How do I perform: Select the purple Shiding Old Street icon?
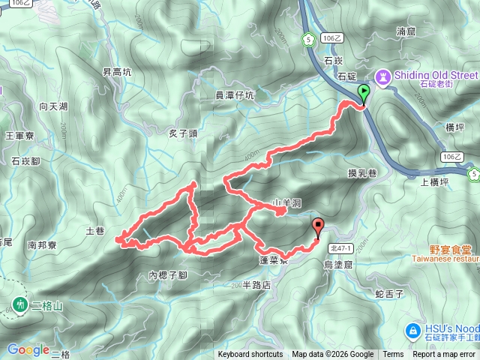point(383,76)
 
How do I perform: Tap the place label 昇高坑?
point(117,72)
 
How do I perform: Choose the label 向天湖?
point(53,106)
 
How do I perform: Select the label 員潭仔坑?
point(235,94)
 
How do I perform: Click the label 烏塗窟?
point(337,265)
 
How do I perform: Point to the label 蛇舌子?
point(389,294)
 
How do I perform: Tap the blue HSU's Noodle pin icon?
point(412,330)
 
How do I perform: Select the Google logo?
point(28,349)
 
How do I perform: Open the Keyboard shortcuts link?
point(250,355)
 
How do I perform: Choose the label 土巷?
point(95,232)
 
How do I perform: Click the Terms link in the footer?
point(393,355)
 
